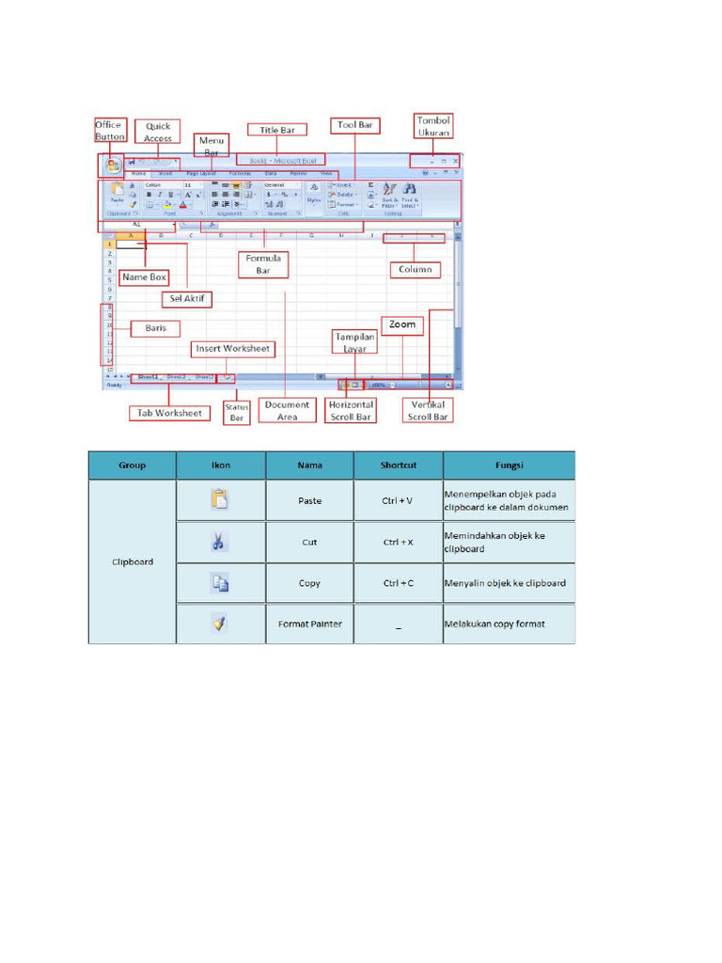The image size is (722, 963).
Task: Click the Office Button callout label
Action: coord(109,130)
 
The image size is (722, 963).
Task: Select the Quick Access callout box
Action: coord(158,131)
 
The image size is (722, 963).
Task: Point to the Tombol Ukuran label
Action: coord(433,126)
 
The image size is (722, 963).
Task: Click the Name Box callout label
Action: coord(145,277)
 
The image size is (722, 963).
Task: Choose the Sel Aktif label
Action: coord(187,300)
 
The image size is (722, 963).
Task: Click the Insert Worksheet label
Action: coord(233,349)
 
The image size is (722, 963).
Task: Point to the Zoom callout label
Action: coord(402,324)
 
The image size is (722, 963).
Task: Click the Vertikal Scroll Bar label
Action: coord(427,410)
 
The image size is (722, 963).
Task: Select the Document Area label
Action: coord(287,410)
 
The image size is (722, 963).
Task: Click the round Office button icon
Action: coord(112,165)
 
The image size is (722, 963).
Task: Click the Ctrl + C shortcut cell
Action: coord(399,583)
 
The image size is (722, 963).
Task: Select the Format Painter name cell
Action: coord(309,624)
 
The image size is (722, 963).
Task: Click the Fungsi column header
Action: coord(509,465)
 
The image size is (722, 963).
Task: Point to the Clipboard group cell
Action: coord(133,562)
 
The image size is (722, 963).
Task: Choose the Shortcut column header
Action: coord(399,465)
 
